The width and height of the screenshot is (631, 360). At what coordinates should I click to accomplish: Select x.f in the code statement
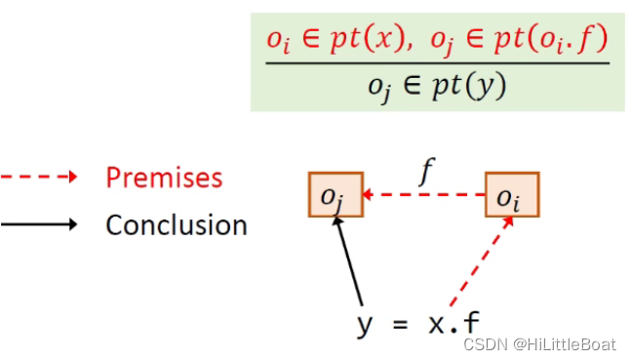click(453, 323)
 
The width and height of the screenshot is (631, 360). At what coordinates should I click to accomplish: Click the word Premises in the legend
click(164, 178)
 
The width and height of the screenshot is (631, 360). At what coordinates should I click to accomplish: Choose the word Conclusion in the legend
click(176, 225)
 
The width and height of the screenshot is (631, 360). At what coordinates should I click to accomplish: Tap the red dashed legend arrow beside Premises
click(39, 178)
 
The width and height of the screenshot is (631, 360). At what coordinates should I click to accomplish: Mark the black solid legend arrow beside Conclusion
click(39, 225)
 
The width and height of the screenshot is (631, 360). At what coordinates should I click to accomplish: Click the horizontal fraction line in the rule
click(437, 63)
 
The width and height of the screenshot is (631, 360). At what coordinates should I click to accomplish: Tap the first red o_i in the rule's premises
click(279, 42)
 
